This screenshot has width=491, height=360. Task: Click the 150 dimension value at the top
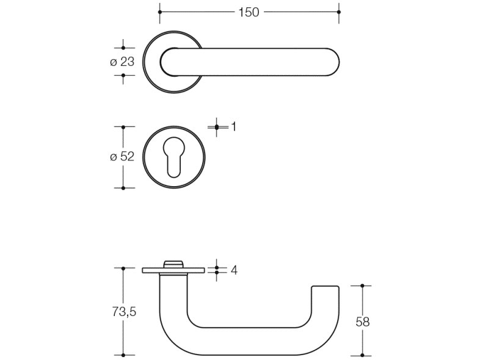[249, 12]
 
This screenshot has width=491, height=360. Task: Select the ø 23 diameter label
[122, 62]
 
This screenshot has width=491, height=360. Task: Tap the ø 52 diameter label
[122, 156]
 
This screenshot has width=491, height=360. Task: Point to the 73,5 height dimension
[124, 312]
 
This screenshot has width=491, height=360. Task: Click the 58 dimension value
[363, 322]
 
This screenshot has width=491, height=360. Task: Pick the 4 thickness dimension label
[235, 270]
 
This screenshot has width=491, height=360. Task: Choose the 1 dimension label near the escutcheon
[234, 126]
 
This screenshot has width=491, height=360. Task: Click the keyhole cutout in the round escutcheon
[174, 157]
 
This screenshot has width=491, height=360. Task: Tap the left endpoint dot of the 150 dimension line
[160, 12]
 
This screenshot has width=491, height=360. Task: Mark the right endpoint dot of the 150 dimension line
[339, 12]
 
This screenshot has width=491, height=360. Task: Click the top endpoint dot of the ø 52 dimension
[123, 128]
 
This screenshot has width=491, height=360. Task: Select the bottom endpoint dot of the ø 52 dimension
[123, 188]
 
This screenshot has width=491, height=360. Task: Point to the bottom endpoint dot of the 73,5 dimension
[123, 355]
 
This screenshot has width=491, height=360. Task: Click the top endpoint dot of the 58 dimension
[362, 286]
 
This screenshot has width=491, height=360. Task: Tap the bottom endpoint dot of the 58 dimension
[362, 355]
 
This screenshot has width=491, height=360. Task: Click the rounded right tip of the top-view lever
[339, 62]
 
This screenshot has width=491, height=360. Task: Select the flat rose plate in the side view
[174, 270]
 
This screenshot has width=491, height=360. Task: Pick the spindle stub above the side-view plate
[174, 264]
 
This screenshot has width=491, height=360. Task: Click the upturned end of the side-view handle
[325, 300]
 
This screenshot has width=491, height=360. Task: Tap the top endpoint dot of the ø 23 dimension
[123, 48]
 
